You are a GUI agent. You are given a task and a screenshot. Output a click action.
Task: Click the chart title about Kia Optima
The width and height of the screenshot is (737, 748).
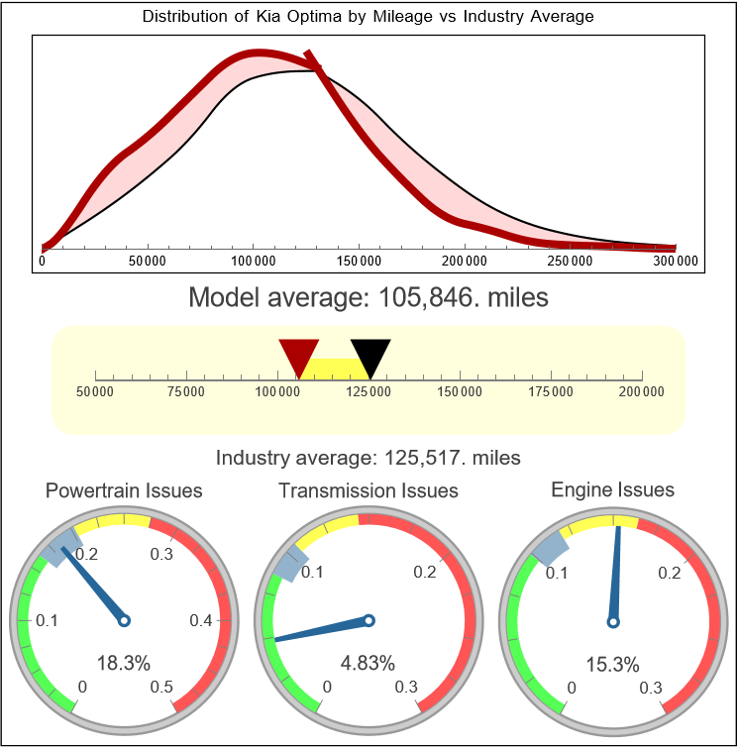point(368,17)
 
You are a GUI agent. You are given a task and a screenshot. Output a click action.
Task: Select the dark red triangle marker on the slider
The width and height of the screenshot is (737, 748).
point(298,356)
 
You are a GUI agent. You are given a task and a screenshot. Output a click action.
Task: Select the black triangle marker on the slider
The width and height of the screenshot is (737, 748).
point(370,356)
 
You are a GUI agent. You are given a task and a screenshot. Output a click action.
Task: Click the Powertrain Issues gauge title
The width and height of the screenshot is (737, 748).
point(124,490)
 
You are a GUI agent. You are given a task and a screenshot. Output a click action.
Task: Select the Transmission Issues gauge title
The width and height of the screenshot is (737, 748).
point(368,490)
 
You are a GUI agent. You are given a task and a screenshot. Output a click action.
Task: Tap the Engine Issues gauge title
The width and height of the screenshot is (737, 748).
point(612,489)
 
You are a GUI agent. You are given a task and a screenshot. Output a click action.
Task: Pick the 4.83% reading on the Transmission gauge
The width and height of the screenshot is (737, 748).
point(368,662)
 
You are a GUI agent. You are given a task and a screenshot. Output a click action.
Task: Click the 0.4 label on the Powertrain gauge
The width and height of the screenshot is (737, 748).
point(201,621)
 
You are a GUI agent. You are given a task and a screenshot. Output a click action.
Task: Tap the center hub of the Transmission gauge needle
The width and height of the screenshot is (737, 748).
point(368,621)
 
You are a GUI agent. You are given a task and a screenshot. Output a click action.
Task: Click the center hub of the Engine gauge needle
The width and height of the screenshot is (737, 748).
point(612,621)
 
